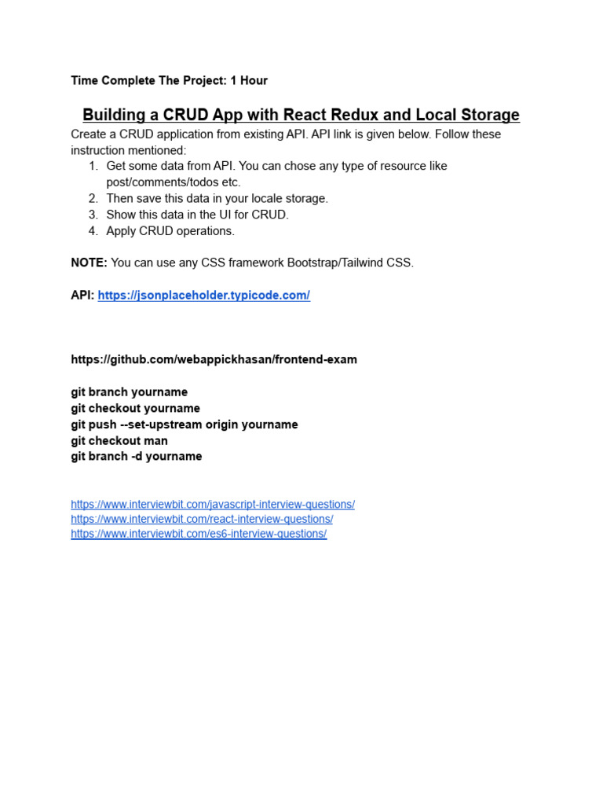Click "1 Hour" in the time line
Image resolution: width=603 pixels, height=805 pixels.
click(249, 80)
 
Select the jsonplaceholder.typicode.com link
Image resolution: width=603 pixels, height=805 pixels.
click(203, 296)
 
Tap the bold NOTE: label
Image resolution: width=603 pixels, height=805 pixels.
click(89, 263)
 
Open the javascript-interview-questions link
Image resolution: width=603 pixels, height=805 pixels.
click(212, 505)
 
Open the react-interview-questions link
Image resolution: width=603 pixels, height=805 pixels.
click(201, 520)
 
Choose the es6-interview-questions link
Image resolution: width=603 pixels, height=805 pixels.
click(198, 534)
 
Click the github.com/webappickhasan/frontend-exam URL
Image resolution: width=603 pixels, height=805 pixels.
click(214, 359)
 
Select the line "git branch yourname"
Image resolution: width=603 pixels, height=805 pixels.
click(129, 391)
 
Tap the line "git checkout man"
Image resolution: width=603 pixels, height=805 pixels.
click(119, 441)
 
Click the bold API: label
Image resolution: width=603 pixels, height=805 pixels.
click(82, 296)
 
